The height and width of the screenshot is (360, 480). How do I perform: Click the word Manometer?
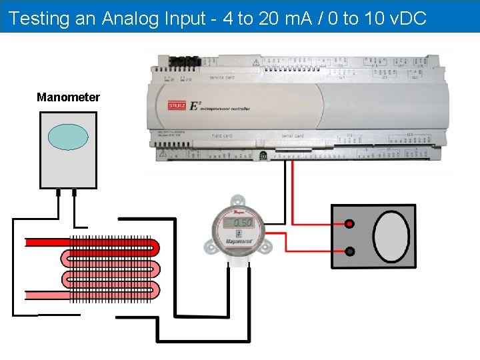click(x=68, y=97)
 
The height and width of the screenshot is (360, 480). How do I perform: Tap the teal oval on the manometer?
click(x=68, y=137)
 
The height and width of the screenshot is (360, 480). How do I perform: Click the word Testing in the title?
click(x=39, y=18)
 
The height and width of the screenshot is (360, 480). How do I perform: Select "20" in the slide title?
click(x=268, y=18)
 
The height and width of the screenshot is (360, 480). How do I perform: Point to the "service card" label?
click(x=222, y=78)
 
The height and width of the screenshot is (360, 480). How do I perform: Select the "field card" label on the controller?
click(x=223, y=136)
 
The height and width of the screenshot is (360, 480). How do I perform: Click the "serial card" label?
click(x=293, y=136)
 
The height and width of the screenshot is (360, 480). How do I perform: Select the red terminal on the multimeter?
click(x=349, y=225)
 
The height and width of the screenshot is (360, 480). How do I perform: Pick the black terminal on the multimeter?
click(x=349, y=251)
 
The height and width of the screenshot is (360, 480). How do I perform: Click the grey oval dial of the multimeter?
click(x=391, y=237)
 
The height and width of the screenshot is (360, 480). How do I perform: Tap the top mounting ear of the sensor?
click(x=237, y=199)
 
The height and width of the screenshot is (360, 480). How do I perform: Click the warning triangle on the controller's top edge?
click(x=256, y=62)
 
